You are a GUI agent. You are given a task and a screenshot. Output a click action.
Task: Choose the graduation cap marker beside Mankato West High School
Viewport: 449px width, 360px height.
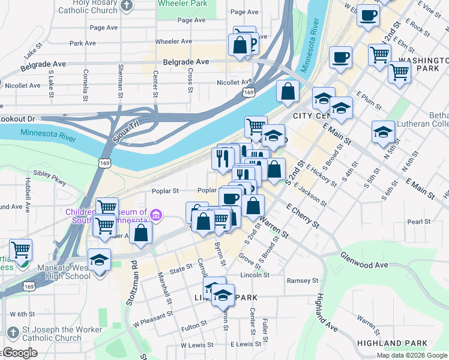click(99, 260)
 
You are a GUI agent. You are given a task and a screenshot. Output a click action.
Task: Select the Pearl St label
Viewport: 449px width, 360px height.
click(415, 221)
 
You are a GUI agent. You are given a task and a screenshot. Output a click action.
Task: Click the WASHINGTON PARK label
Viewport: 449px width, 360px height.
click(423, 65)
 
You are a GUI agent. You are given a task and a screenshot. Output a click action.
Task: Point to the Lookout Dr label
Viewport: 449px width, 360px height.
click(14, 120)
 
